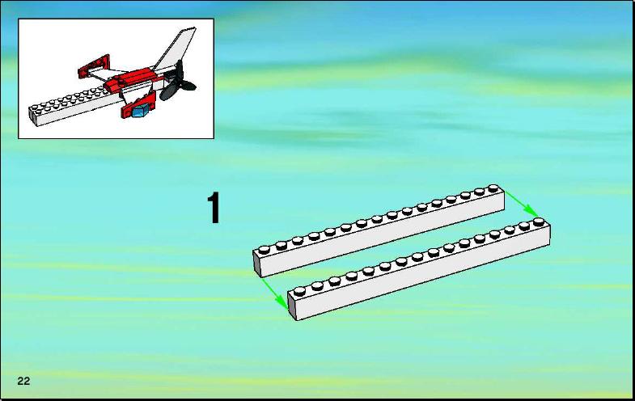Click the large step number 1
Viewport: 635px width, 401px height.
(x=214, y=208)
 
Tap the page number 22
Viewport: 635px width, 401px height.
(x=23, y=381)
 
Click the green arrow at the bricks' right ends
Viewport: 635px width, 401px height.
(x=522, y=204)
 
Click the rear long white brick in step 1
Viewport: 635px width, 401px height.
(x=379, y=231)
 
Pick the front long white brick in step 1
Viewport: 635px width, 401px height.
(x=419, y=269)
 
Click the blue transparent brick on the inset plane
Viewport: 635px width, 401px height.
(x=140, y=111)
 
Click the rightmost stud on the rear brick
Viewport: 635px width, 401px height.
(x=493, y=188)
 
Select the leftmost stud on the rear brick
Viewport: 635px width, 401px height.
(x=264, y=249)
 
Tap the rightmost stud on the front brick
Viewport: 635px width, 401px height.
(x=538, y=222)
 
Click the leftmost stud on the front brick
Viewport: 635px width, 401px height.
(x=299, y=291)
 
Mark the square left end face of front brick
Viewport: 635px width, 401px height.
(x=292, y=306)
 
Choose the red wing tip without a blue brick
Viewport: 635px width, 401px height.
(x=94, y=66)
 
